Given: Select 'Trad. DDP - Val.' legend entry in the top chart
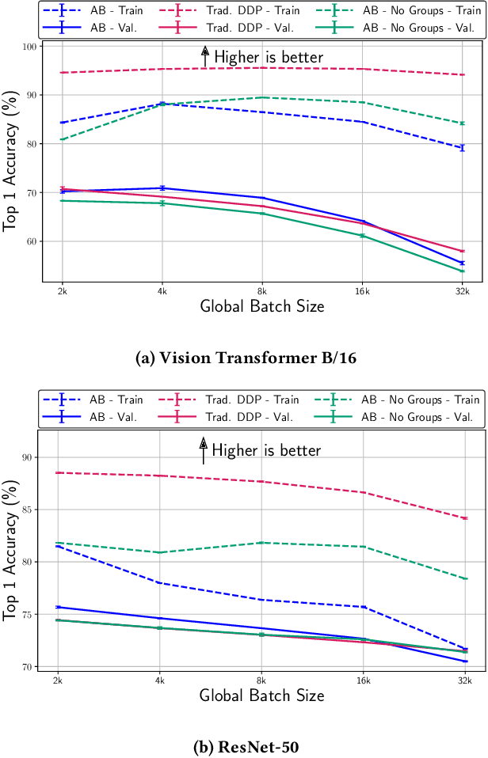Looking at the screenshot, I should click(253, 26).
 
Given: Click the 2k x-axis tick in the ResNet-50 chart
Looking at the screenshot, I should click(58, 680).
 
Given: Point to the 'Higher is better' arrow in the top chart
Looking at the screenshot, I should click(204, 55).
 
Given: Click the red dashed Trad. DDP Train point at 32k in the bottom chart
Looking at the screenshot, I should click(464, 518).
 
